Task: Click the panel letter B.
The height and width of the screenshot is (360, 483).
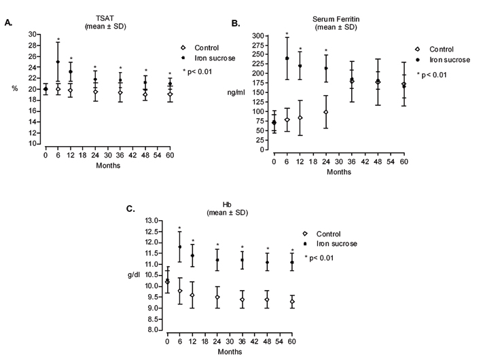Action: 236,23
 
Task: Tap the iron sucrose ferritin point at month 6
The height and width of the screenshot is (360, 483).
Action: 287,58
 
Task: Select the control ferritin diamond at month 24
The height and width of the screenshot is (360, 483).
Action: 326,111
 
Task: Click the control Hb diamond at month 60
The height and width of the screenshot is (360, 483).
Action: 292,302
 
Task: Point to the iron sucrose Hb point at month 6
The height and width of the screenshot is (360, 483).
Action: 180,247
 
